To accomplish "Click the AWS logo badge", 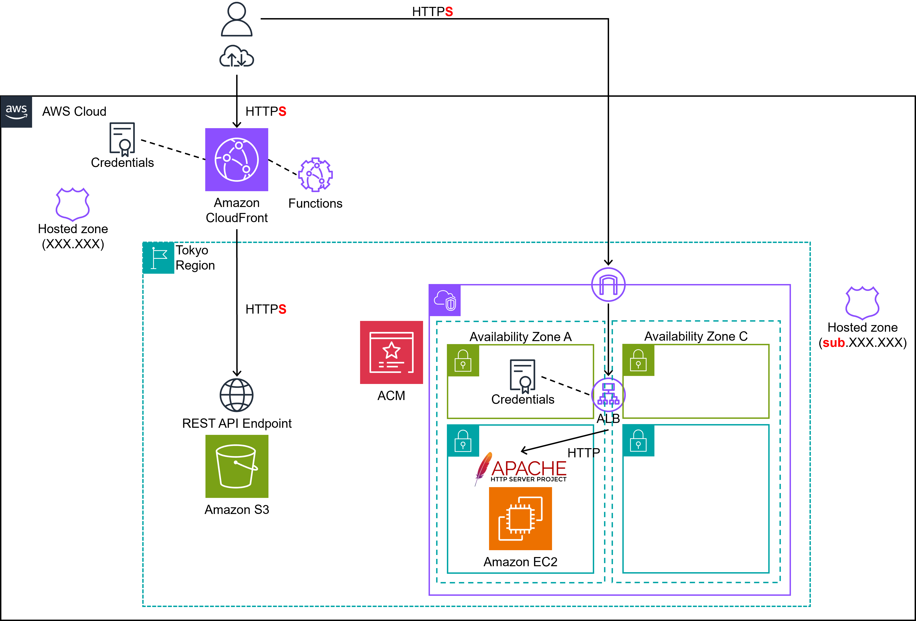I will click(16, 112).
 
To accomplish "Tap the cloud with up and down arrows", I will click(236, 56).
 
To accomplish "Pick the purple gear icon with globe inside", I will click(315, 174).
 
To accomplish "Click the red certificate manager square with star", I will click(391, 352).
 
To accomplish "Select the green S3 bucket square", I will click(236, 466).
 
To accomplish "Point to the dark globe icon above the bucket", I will click(236, 395).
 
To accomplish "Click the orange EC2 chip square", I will click(520, 519).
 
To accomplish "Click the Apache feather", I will click(483, 467).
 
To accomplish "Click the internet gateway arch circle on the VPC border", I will click(608, 284).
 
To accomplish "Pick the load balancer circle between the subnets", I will click(608, 395).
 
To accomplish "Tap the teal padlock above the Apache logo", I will click(463, 441).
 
